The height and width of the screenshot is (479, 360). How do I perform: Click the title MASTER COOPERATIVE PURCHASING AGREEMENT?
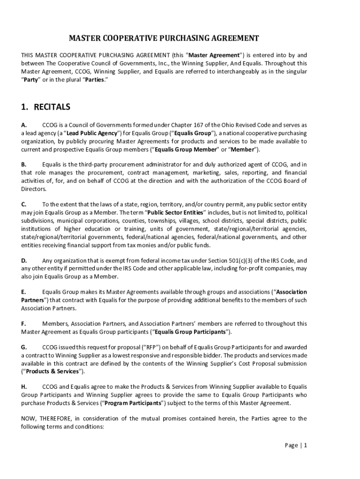point(164,38)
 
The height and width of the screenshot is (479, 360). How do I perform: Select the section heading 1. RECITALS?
point(45,107)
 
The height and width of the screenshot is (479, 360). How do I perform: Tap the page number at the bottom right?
point(296,445)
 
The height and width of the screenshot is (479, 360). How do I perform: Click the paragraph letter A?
point(24,125)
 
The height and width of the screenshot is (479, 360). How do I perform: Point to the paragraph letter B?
point(24,164)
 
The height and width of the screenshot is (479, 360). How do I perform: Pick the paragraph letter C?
point(24,204)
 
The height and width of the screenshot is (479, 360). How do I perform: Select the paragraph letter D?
point(24,261)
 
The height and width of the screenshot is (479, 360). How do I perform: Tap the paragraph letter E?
point(23,292)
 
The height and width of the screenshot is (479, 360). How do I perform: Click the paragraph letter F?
point(23,323)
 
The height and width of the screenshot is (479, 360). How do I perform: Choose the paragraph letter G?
point(24,347)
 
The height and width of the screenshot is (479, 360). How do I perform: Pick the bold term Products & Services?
point(53,371)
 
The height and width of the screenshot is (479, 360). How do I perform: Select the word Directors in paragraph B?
point(34,189)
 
